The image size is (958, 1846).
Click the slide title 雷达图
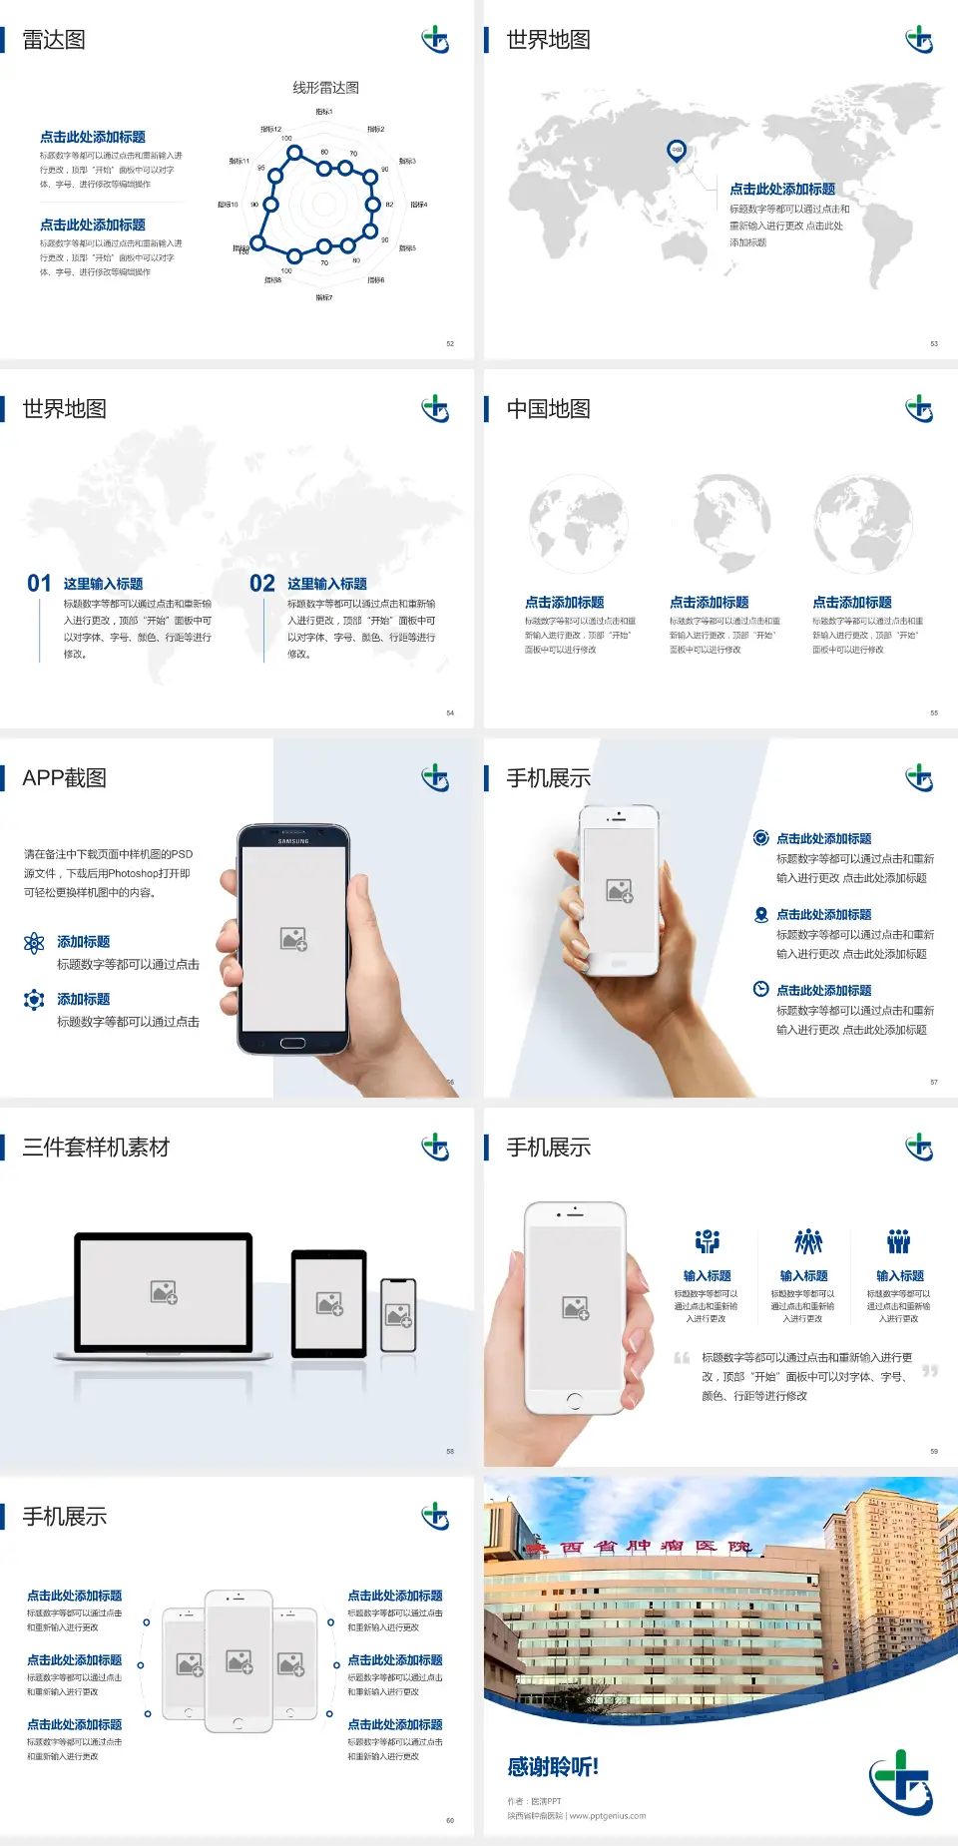[x=54, y=40]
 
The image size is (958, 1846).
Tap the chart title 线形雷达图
[x=325, y=88]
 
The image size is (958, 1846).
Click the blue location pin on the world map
[x=677, y=151]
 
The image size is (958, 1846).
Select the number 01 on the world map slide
[x=39, y=584]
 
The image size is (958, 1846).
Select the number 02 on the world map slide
[x=262, y=584]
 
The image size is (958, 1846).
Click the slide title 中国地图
[x=548, y=409]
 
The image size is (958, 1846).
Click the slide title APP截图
[x=64, y=778]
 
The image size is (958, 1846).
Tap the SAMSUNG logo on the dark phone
[x=293, y=841]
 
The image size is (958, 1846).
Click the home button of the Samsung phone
[x=292, y=1043]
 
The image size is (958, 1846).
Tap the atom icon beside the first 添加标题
[x=34, y=943]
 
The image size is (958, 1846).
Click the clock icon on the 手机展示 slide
[x=760, y=989]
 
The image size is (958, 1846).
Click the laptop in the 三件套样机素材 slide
[x=164, y=1296]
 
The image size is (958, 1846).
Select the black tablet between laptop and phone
[x=329, y=1303]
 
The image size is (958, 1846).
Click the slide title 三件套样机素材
[x=96, y=1148]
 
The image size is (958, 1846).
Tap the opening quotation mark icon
[x=682, y=1358]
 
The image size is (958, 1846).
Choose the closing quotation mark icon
[x=930, y=1371]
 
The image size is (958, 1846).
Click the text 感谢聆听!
[x=553, y=1767]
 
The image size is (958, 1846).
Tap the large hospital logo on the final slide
[x=900, y=1780]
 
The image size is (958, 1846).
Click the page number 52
[x=450, y=343]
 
